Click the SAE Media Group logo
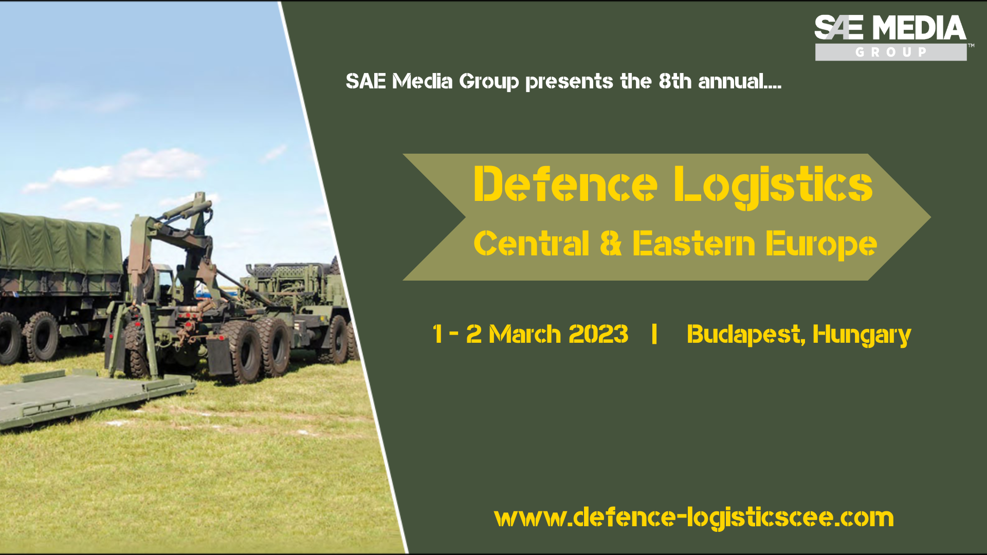891,38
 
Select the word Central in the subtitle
531,243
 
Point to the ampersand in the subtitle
611,243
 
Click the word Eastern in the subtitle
693,243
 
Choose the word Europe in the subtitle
821,245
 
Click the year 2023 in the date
598,334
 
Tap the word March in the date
524,334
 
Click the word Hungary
862,335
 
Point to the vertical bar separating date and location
654,334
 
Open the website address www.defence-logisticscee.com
694,518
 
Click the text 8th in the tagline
675,81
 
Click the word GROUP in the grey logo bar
891,52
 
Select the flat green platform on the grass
93,398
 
